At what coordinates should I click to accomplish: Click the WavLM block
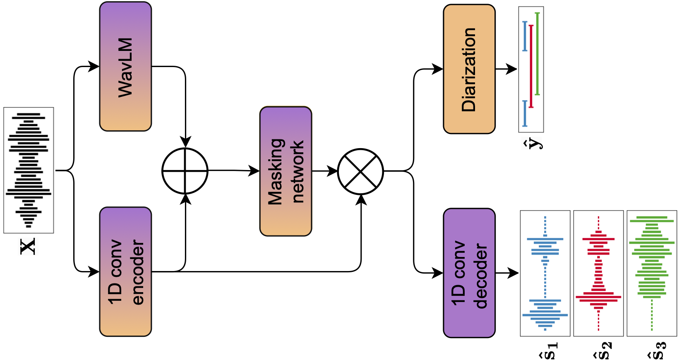(x=125, y=67)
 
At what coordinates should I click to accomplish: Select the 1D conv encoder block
(x=125, y=271)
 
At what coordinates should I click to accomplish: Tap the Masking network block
(x=286, y=171)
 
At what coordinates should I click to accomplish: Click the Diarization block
(x=469, y=69)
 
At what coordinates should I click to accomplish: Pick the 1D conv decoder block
(x=469, y=273)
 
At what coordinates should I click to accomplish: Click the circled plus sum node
(x=185, y=170)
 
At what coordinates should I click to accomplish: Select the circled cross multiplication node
(x=360, y=171)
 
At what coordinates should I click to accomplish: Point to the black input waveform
(x=29, y=170)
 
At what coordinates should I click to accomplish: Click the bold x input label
(x=28, y=246)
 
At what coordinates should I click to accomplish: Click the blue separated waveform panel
(x=545, y=273)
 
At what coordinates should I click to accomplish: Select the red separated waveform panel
(x=598, y=273)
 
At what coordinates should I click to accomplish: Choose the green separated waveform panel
(x=652, y=273)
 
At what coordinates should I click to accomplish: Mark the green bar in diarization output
(x=537, y=54)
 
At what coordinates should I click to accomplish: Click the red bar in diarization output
(x=531, y=66)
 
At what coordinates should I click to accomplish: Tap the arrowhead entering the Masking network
(x=254, y=170)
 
